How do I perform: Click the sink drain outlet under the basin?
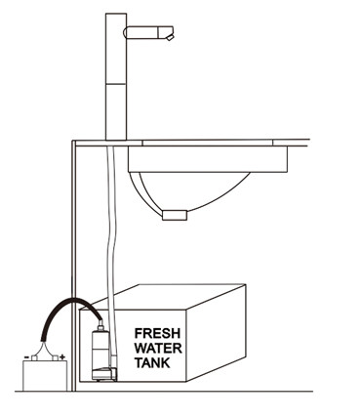click(176, 214)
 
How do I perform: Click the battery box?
click(44, 375)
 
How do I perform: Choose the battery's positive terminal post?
click(56, 355)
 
